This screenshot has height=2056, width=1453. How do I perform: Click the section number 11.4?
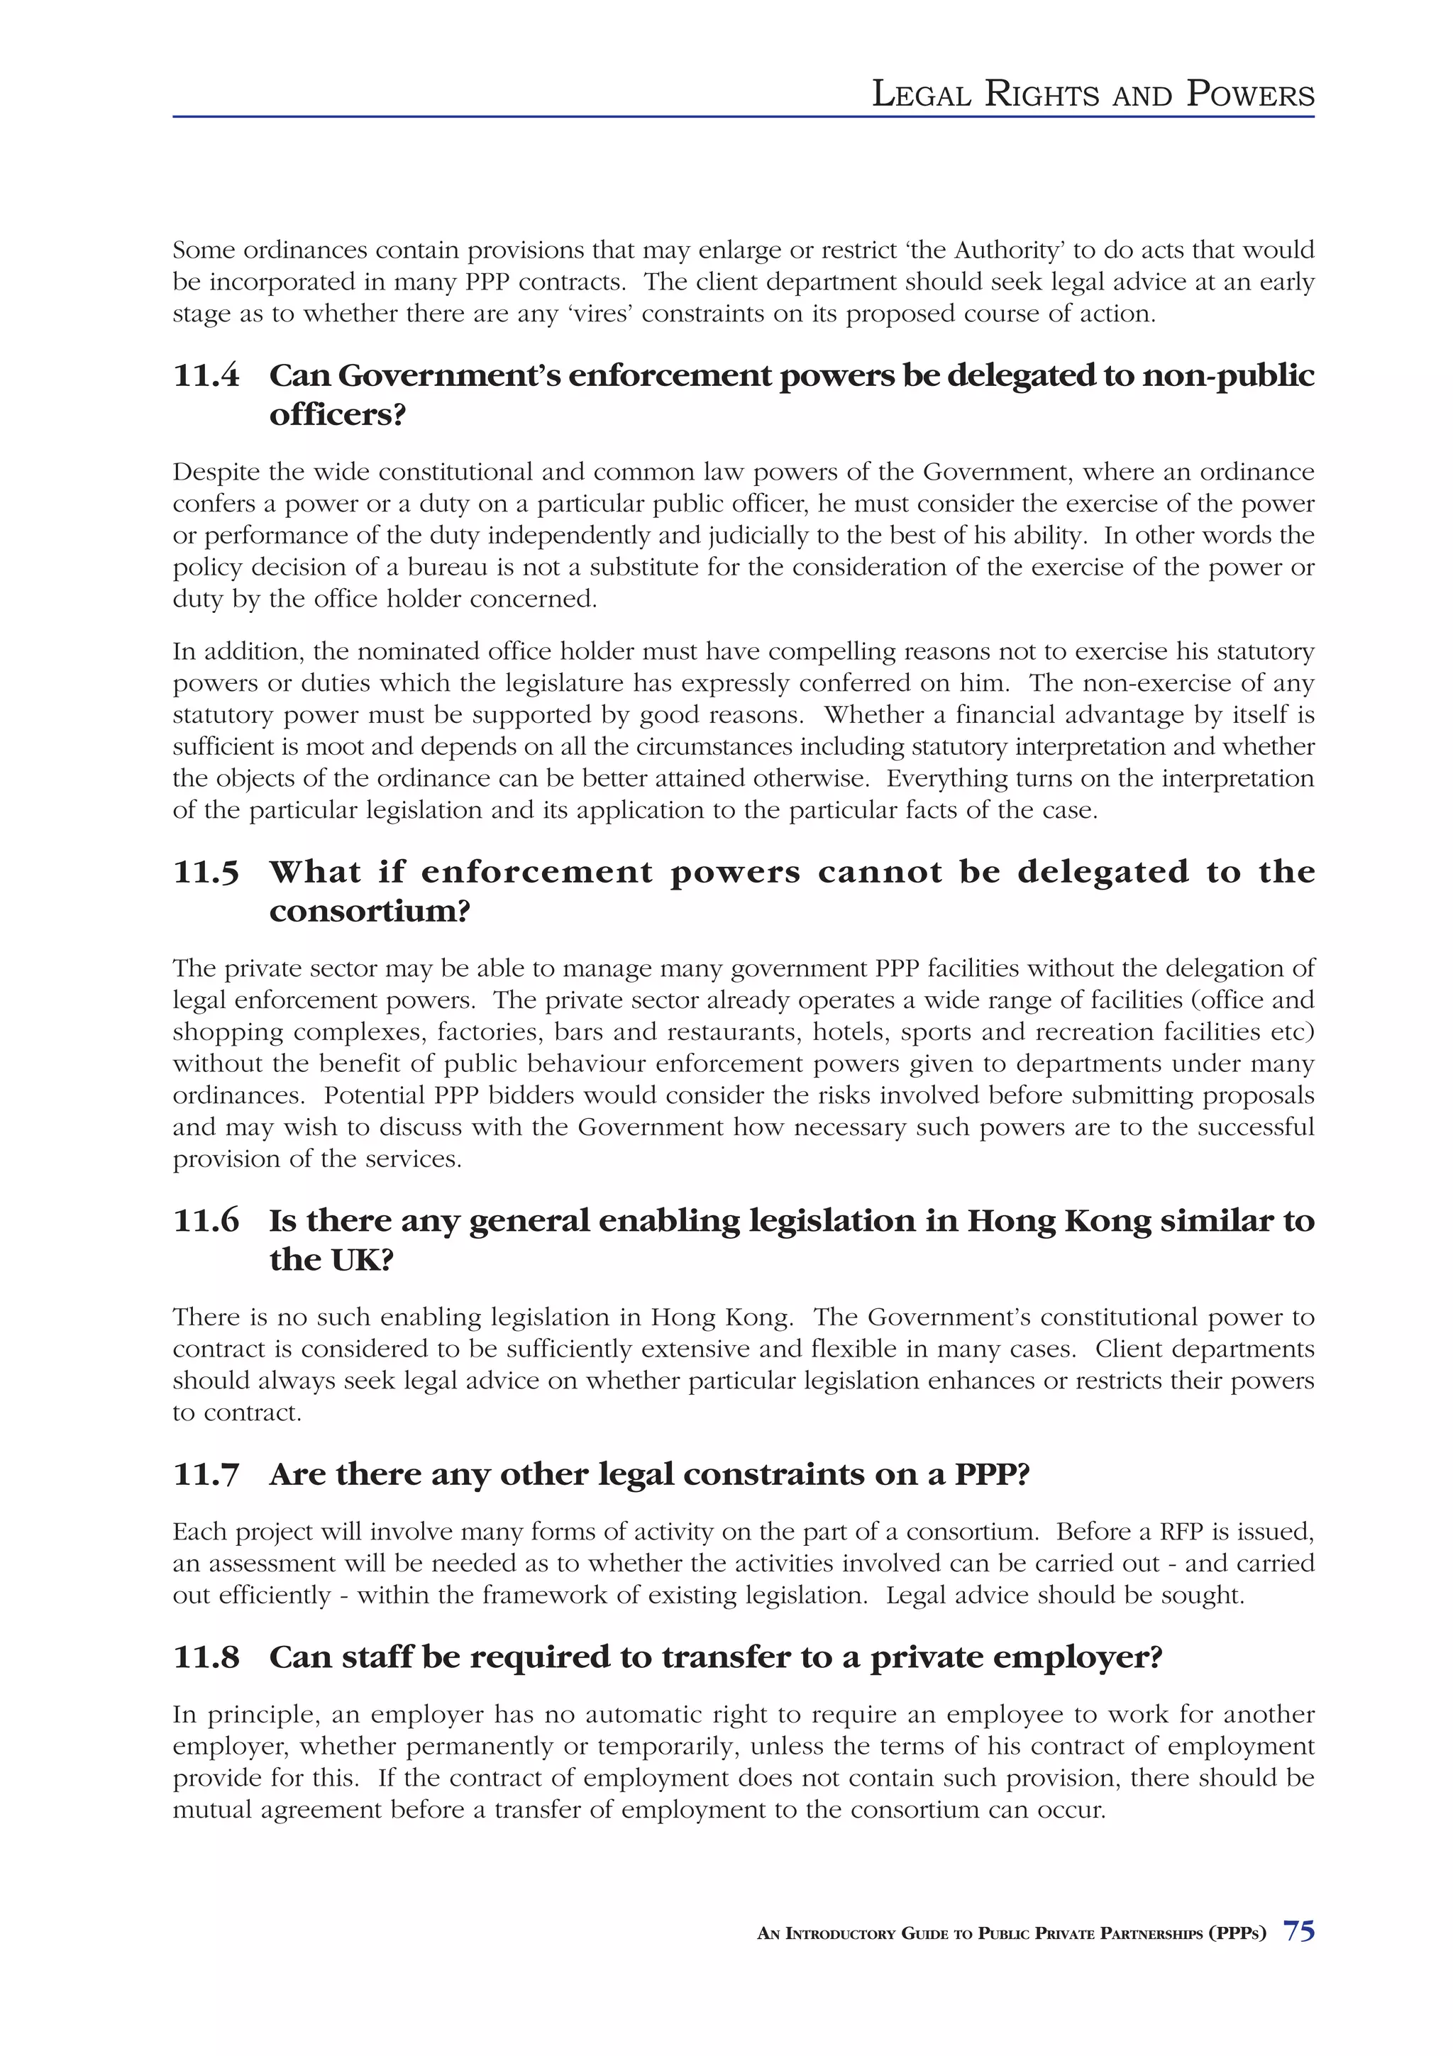click(x=206, y=375)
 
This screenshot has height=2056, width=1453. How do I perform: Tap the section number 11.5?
click(x=206, y=872)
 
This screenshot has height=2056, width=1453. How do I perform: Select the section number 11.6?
click(x=206, y=1220)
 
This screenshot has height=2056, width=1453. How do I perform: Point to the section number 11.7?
click(x=206, y=1475)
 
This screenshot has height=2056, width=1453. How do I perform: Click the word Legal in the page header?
click(x=921, y=94)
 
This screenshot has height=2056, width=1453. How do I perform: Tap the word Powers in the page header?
click(x=1250, y=94)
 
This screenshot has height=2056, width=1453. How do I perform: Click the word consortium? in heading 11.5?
click(x=369, y=912)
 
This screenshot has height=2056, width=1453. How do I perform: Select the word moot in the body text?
click(x=331, y=747)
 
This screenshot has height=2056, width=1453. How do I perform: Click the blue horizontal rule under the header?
click(x=743, y=116)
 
